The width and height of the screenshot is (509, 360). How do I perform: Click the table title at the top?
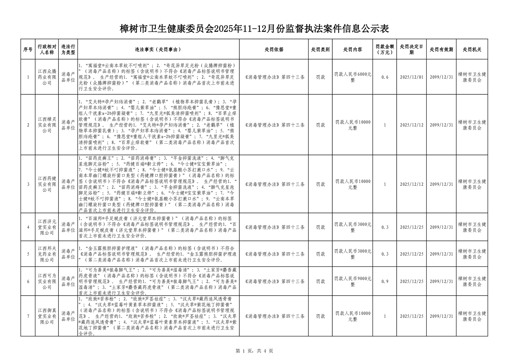254,29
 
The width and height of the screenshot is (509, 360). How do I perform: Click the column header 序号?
28,49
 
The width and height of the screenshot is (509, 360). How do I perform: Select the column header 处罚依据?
274,49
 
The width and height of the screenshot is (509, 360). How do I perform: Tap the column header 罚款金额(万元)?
385,49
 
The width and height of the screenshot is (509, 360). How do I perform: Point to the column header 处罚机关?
472,49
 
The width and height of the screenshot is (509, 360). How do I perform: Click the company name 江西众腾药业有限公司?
47,77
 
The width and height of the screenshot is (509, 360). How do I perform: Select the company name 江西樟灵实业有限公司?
47,125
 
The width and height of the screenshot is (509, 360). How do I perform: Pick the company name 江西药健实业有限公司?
47,184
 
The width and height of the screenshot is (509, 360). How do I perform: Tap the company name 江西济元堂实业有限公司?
47,227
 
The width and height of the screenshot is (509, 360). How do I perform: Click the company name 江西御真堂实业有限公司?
47,316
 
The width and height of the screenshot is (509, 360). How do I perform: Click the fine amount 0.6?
385,77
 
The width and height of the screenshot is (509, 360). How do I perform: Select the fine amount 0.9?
385,281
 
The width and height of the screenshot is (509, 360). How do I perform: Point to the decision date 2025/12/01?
411,77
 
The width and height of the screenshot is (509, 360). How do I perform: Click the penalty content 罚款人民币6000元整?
352,77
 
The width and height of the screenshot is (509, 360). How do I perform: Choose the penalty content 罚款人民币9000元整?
352,281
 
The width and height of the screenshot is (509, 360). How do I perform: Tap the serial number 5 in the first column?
28,254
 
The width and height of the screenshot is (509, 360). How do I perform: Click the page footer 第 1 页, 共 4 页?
254,351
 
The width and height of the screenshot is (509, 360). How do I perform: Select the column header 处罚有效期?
441,49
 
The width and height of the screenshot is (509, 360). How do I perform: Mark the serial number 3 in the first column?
28,184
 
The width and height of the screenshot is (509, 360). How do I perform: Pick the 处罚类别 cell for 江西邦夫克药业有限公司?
320,254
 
